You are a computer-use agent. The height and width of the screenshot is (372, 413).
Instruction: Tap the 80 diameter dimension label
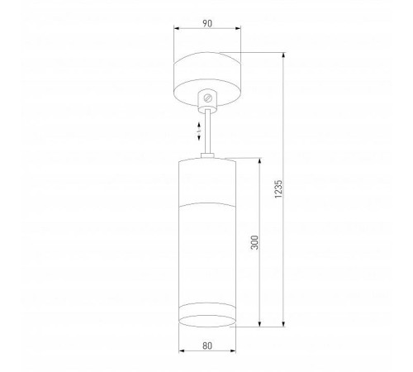206,347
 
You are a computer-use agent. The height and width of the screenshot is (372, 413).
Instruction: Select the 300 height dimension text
254,242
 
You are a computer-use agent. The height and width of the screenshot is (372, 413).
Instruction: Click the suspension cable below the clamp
207,132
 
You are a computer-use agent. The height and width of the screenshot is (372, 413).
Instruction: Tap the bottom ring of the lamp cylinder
206,318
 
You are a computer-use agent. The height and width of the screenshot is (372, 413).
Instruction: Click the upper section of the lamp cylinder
206,180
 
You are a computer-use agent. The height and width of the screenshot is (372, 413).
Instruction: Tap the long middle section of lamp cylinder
206,252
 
